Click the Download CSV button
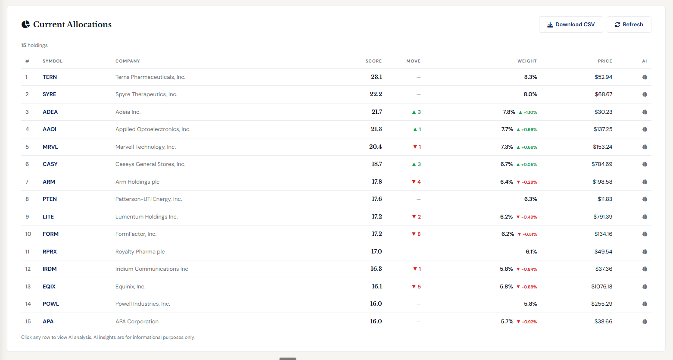click(x=570, y=25)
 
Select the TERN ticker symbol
click(x=50, y=77)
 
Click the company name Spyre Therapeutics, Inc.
click(x=146, y=94)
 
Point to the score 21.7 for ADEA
click(x=377, y=112)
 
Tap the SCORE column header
click(x=373, y=61)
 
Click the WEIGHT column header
click(x=527, y=61)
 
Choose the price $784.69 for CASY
click(x=601, y=164)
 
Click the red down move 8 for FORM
click(x=416, y=234)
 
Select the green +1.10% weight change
click(x=528, y=112)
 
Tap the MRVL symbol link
click(x=50, y=147)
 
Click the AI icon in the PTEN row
click(x=645, y=199)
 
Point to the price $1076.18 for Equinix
click(x=601, y=287)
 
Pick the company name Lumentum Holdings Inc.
click(x=146, y=217)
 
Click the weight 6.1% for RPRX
click(x=531, y=252)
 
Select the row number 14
click(x=28, y=304)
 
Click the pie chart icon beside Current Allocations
click(x=26, y=25)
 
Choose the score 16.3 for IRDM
click(x=376, y=269)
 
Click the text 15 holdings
click(x=34, y=45)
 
